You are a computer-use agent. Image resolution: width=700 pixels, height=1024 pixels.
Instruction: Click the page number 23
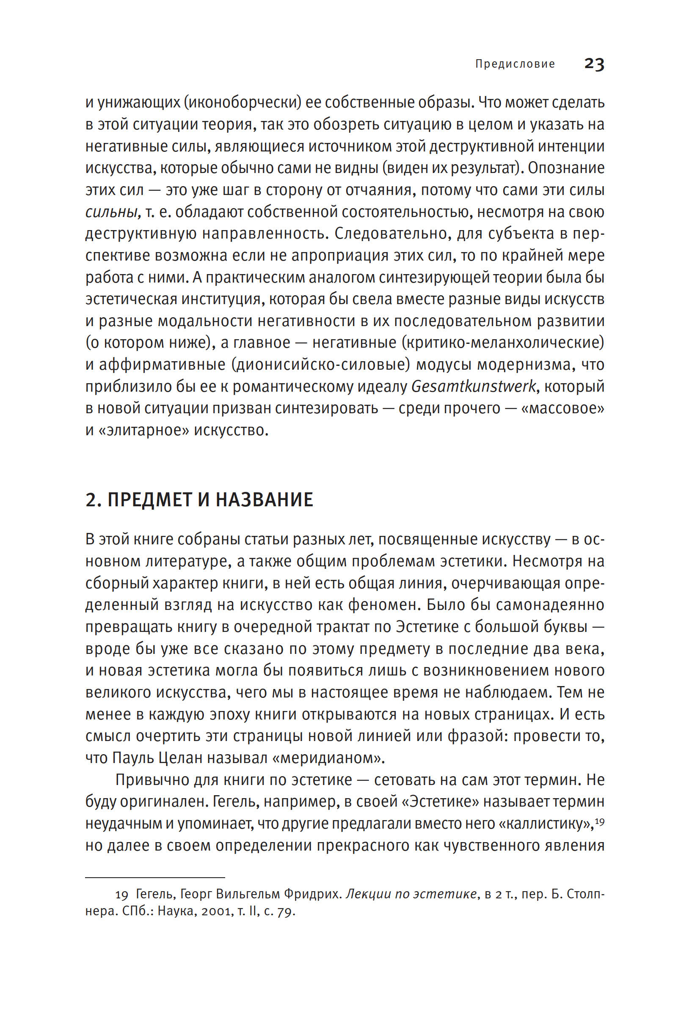[594, 64]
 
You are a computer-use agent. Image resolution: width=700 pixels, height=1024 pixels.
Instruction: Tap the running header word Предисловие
[515, 64]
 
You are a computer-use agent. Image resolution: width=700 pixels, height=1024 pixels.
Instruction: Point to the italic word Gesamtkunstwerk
[474, 387]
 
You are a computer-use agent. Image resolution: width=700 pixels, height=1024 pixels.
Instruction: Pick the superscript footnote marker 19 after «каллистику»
[600, 821]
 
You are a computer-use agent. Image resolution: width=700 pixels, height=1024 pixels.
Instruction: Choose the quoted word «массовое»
[562, 409]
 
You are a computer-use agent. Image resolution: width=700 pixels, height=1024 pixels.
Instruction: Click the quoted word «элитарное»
[144, 431]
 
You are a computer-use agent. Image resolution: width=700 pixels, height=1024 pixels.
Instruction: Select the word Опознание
[566, 168]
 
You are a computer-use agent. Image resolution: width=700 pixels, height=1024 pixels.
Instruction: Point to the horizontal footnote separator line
[155, 878]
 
